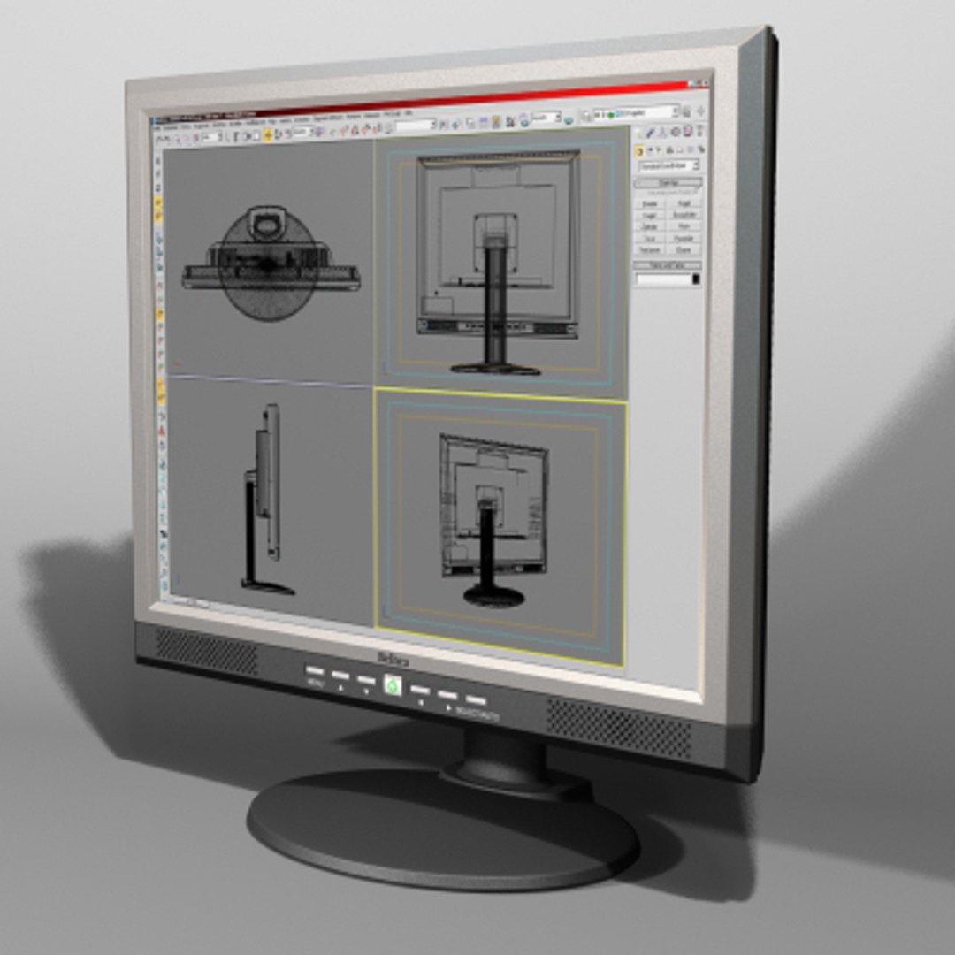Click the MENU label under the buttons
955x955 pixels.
point(316,683)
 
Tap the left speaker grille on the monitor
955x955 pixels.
point(206,652)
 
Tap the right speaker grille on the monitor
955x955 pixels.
point(618,727)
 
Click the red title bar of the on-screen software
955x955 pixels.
point(424,101)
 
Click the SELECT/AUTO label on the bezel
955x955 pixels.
point(478,714)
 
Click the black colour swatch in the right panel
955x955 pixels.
point(696,279)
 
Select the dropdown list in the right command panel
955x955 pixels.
point(669,165)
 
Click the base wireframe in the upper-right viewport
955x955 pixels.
point(495,366)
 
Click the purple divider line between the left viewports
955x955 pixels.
point(270,381)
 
